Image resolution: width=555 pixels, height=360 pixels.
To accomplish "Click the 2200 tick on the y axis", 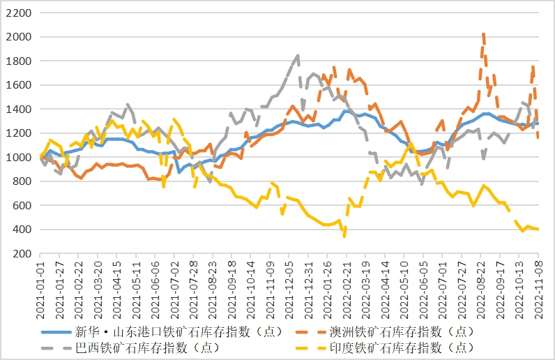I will [x=19, y=13].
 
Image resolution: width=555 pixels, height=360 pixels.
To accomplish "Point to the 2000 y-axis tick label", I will [x=19, y=37].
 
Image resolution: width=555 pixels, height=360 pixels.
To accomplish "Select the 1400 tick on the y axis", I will [x=19, y=110].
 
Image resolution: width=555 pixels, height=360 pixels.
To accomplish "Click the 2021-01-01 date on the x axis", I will [x=43, y=283].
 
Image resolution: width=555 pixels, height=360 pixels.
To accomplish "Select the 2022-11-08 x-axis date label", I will [x=538, y=283].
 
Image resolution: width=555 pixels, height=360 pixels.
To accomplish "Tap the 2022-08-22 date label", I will [x=480, y=283].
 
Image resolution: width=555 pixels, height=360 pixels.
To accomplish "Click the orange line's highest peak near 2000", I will [x=483, y=33].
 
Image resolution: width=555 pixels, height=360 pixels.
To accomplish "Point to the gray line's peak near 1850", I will [x=298, y=55].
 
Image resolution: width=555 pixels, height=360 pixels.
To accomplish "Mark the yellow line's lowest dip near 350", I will [x=344, y=236].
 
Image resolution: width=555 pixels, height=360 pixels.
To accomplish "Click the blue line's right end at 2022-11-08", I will [x=538, y=123].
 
